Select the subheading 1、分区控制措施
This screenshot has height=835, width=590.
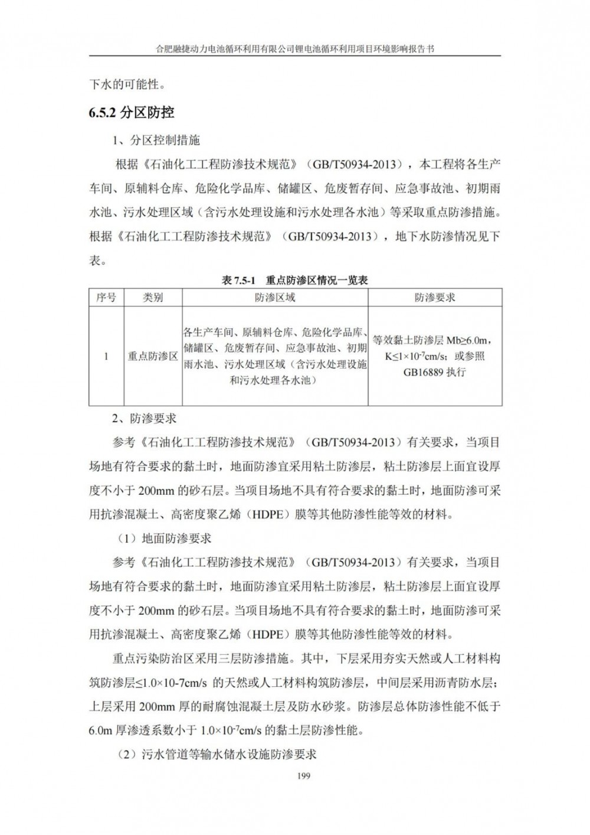coord(156,140)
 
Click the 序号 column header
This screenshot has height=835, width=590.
coord(106,298)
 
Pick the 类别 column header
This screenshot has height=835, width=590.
coord(153,298)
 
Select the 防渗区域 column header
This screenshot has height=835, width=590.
coord(275,298)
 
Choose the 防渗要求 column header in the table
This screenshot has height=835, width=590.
coord(435,298)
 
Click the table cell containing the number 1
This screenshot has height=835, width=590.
coord(106,356)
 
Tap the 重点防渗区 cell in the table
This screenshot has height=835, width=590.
coord(153,356)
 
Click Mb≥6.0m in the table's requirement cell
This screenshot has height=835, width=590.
coord(463,341)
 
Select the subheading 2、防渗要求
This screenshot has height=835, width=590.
coord(145,419)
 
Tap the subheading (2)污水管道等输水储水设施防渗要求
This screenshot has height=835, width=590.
coord(215,754)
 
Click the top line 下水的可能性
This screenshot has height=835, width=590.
coord(127,84)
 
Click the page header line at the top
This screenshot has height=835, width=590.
coord(294,50)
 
